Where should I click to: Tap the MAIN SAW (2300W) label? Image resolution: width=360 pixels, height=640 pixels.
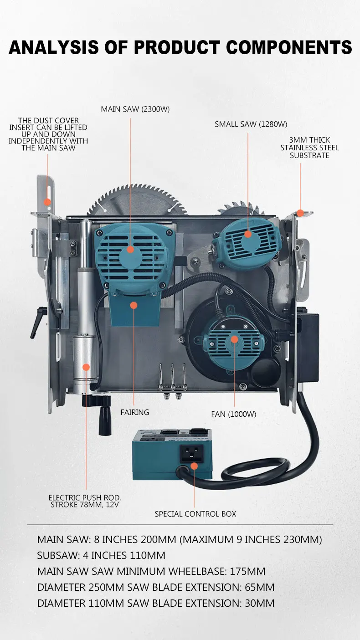coord(135,109)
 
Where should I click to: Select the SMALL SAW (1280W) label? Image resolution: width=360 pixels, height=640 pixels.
coord(251,124)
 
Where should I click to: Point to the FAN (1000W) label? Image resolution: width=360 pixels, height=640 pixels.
coord(234,415)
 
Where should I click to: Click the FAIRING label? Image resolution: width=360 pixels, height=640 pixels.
coord(135,412)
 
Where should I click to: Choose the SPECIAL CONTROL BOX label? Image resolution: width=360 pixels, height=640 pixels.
coord(195,514)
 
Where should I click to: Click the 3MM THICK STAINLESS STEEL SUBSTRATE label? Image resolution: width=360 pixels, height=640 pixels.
coord(309,148)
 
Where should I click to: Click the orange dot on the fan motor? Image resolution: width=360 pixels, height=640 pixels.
coord(234,339)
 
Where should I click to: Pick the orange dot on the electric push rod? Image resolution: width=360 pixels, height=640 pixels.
coord(86,367)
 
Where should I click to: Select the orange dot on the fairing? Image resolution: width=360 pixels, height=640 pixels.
coord(134,305)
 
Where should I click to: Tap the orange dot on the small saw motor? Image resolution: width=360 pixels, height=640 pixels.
coord(248,234)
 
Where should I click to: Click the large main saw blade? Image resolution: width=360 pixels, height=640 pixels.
coord(137,200)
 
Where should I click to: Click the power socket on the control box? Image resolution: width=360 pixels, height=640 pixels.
coord(191,454)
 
